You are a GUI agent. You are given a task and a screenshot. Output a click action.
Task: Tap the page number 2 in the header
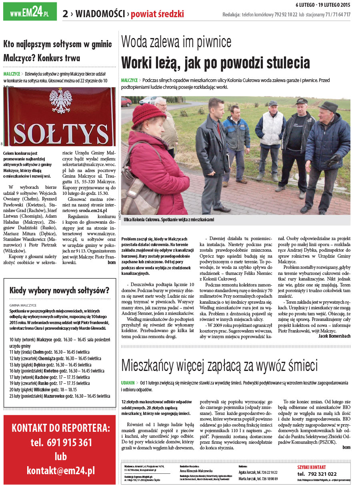(65, 14)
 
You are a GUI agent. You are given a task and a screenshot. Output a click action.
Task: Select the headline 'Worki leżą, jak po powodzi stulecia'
(216, 63)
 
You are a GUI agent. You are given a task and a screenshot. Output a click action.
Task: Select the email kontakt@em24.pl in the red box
(61, 471)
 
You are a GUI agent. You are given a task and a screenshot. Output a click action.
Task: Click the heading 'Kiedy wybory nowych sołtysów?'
(60, 291)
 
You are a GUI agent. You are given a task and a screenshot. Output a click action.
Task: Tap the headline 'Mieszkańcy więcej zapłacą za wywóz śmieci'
(220, 365)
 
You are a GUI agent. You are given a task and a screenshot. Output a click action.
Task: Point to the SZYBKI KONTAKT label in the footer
(312, 467)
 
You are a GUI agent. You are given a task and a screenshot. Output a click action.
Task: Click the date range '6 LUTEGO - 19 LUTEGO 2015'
(323, 5)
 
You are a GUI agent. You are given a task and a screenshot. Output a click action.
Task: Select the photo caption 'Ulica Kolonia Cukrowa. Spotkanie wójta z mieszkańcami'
(169, 220)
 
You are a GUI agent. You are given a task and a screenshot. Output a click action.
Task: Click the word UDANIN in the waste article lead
(128, 383)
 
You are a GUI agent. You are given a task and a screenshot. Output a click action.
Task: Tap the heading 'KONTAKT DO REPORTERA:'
(61, 428)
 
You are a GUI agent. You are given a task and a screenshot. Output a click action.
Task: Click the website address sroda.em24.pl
(93, 210)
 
